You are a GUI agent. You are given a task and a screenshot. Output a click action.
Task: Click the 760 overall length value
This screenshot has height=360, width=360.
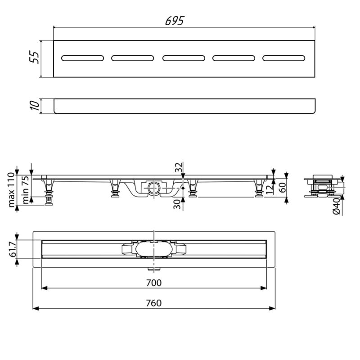click(x=154, y=302)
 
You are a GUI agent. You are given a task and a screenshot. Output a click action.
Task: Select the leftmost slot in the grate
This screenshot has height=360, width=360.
click(x=82, y=58)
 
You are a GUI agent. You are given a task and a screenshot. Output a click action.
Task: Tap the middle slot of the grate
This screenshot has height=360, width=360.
click(x=184, y=58)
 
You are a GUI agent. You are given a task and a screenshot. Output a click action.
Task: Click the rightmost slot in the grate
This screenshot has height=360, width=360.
click(x=284, y=58)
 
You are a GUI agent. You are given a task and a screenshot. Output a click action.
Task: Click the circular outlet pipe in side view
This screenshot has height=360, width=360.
click(x=153, y=186)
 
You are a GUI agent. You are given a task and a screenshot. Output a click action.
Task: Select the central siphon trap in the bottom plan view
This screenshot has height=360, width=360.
click(x=153, y=249)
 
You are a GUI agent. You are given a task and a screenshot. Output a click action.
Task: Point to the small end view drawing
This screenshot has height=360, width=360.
click(x=322, y=185)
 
